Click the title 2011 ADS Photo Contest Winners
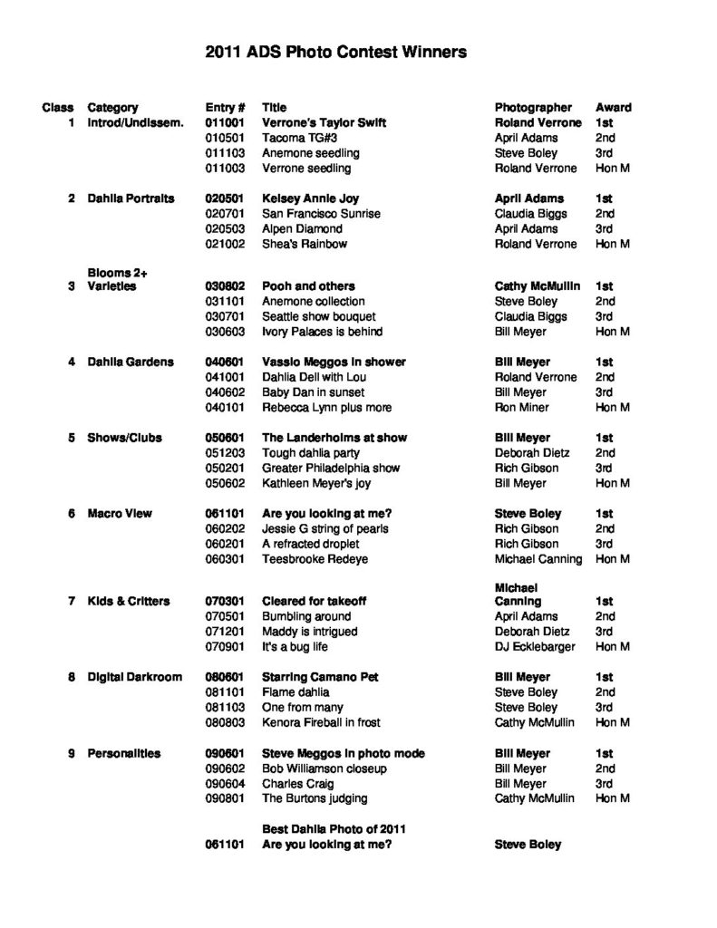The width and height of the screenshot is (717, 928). [x=335, y=53]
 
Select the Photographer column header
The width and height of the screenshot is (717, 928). [x=533, y=107]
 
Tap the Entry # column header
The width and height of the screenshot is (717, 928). [x=226, y=107]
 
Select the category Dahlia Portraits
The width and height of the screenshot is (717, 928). [x=131, y=198]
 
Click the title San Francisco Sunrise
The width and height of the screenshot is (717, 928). [x=321, y=214]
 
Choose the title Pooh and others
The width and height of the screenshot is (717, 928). [x=308, y=286]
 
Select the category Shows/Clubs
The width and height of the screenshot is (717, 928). [x=124, y=438]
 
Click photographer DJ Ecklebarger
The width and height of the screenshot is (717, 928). [x=537, y=647]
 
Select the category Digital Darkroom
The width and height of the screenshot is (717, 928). [x=134, y=677]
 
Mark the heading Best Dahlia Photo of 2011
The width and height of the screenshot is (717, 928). [x=333, y=828]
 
